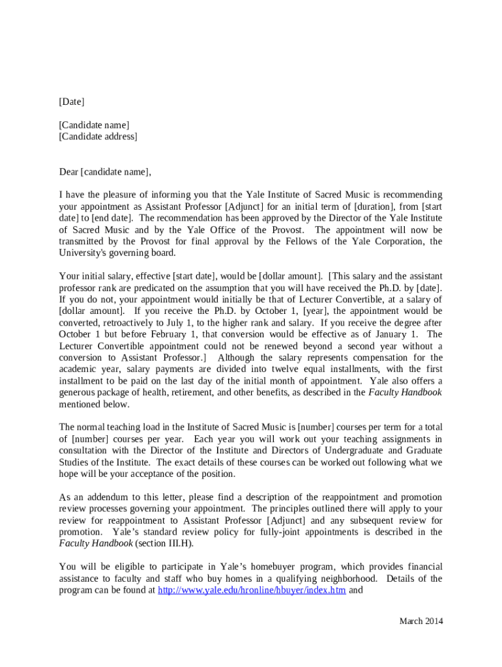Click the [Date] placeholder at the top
coord(72,102)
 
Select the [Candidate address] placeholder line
coord(98,137)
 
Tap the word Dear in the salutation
coord(68,172)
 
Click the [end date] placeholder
coord(107,218)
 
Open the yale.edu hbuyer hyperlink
coord(252,591)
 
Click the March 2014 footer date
coord(421,621)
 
